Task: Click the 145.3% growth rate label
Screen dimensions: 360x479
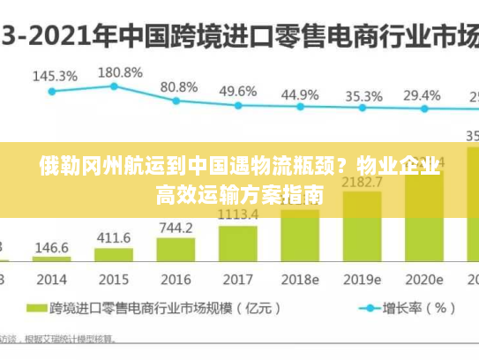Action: [55, 76]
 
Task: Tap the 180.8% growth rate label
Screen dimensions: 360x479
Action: [120, 71]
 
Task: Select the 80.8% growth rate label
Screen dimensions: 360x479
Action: [179, 86]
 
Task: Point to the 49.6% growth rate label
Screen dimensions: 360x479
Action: [238, 91]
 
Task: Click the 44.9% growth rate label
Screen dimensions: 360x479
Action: [300, 94]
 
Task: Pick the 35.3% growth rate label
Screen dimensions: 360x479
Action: [363, 96]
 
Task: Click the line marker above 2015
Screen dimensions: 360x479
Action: [115, 86]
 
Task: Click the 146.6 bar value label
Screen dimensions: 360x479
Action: [52, 248]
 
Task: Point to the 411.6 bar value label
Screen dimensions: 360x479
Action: [114, 237]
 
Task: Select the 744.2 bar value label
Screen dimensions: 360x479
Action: [176, 228]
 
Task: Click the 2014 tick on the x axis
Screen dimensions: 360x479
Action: [52, 279]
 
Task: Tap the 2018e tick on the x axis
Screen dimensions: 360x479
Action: [300, 279]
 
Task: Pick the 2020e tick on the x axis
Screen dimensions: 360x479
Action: [423, 279]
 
